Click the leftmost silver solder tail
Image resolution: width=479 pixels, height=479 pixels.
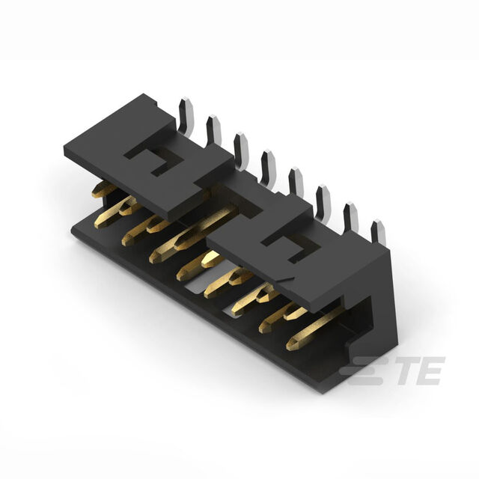(186, 116)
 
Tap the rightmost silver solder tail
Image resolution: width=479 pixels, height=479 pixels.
(379, 233)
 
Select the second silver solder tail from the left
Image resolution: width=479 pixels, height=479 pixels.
(214, 131)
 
